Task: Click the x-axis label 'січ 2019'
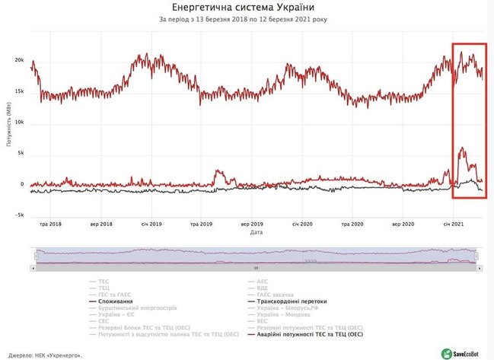coord(151,225)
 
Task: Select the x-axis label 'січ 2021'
coord(455,225)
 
